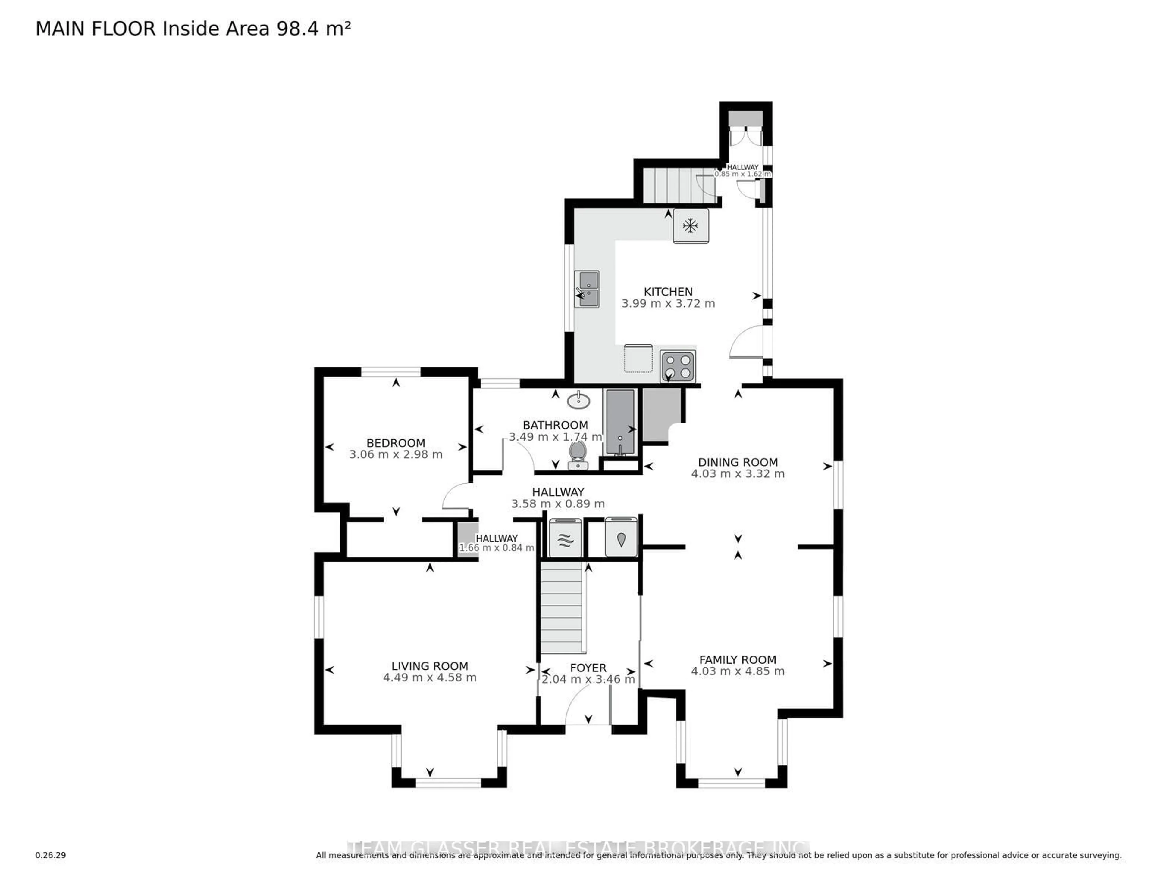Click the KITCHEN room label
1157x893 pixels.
click(668, 292)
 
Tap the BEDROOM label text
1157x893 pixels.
click(396, 443)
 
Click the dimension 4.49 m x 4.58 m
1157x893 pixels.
click(430, 678)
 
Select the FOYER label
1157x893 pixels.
click(588, 668)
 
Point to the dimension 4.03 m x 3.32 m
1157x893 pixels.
click(737, 474)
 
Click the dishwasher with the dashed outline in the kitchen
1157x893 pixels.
click(638, 359)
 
